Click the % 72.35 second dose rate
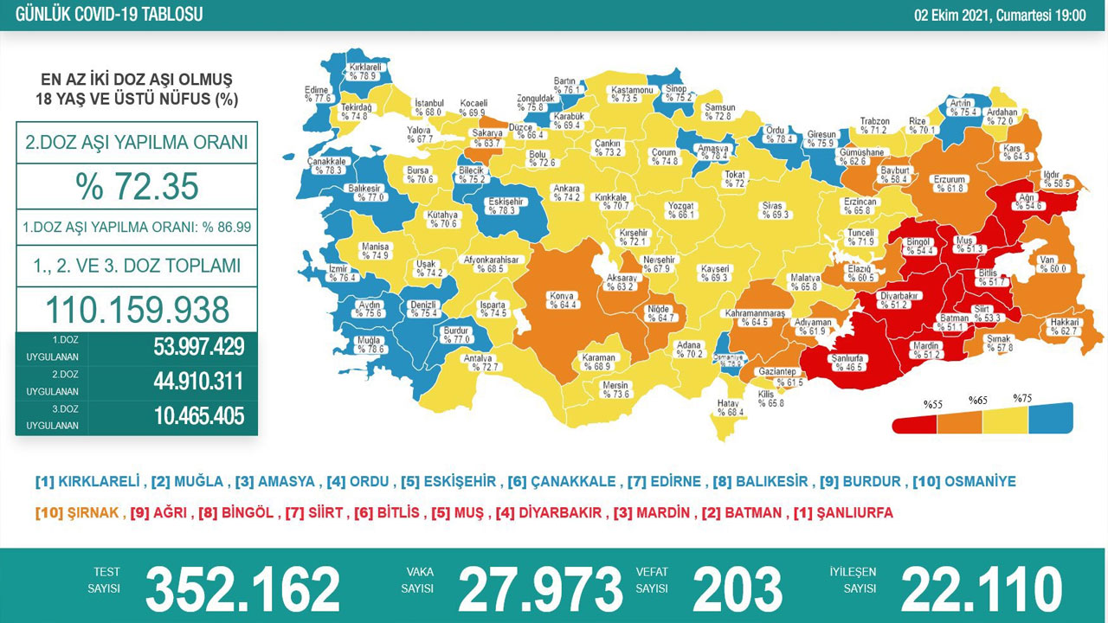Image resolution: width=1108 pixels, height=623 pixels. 137,187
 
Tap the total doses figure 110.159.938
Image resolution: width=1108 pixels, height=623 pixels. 137,309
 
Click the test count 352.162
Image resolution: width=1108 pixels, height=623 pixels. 242,589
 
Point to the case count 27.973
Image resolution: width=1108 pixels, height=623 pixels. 540,589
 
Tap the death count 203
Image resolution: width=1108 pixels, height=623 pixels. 738,589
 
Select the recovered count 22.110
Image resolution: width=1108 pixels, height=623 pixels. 982,589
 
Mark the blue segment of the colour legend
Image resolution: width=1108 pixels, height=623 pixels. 1050,418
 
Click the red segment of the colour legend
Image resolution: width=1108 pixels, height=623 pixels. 915,422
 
